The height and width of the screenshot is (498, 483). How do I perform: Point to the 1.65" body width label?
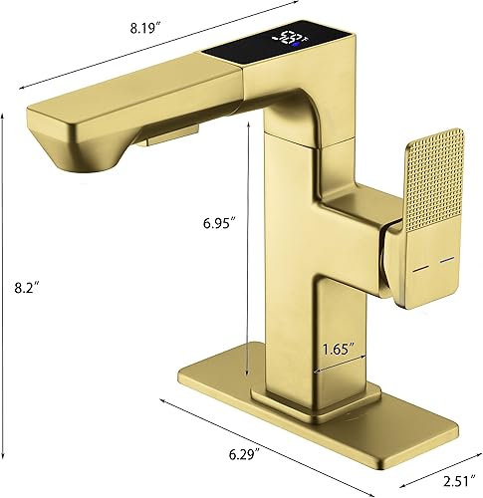pos(338,350)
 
